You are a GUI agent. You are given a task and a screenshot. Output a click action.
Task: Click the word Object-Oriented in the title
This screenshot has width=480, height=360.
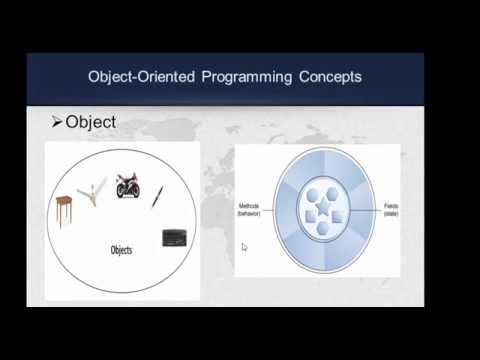129,78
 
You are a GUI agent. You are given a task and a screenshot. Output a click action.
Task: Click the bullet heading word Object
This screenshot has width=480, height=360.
91,123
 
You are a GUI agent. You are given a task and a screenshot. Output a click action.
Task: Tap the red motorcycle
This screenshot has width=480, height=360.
128,186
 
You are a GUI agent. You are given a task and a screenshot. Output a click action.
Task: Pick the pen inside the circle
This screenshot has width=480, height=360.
158,197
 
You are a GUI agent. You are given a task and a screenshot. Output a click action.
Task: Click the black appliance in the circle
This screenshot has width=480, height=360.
174,238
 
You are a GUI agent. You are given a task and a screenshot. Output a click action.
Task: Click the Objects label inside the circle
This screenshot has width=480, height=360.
122,250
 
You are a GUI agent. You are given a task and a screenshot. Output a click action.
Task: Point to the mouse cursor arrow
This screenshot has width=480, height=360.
244,246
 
